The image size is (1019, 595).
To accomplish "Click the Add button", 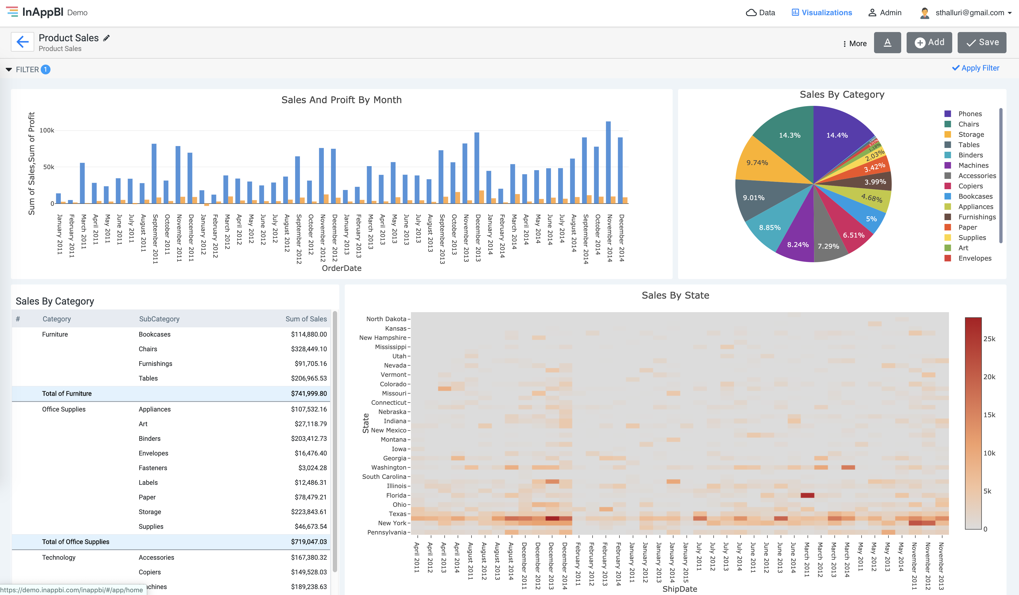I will [x=929, y=42].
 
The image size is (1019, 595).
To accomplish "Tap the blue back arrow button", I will [x=22, y=42].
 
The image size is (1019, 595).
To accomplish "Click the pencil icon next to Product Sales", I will [x=106, y=38].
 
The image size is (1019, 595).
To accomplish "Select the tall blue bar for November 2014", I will [x=608, y=162].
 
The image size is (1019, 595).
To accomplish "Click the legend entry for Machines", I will [x=973, y=165].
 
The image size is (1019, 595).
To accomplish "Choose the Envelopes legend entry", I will [x=974, y=258].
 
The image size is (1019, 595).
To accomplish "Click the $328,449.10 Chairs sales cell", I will [x=309, y=349].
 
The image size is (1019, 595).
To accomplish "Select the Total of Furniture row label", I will [x=67, y=394].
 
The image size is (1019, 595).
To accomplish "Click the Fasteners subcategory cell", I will [x=153, y=468].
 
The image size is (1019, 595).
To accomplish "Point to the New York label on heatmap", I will [x=392, y=523].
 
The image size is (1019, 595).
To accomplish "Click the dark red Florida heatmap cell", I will [x=807, y=495].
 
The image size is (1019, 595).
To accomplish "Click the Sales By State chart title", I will [x=675, y=295].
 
